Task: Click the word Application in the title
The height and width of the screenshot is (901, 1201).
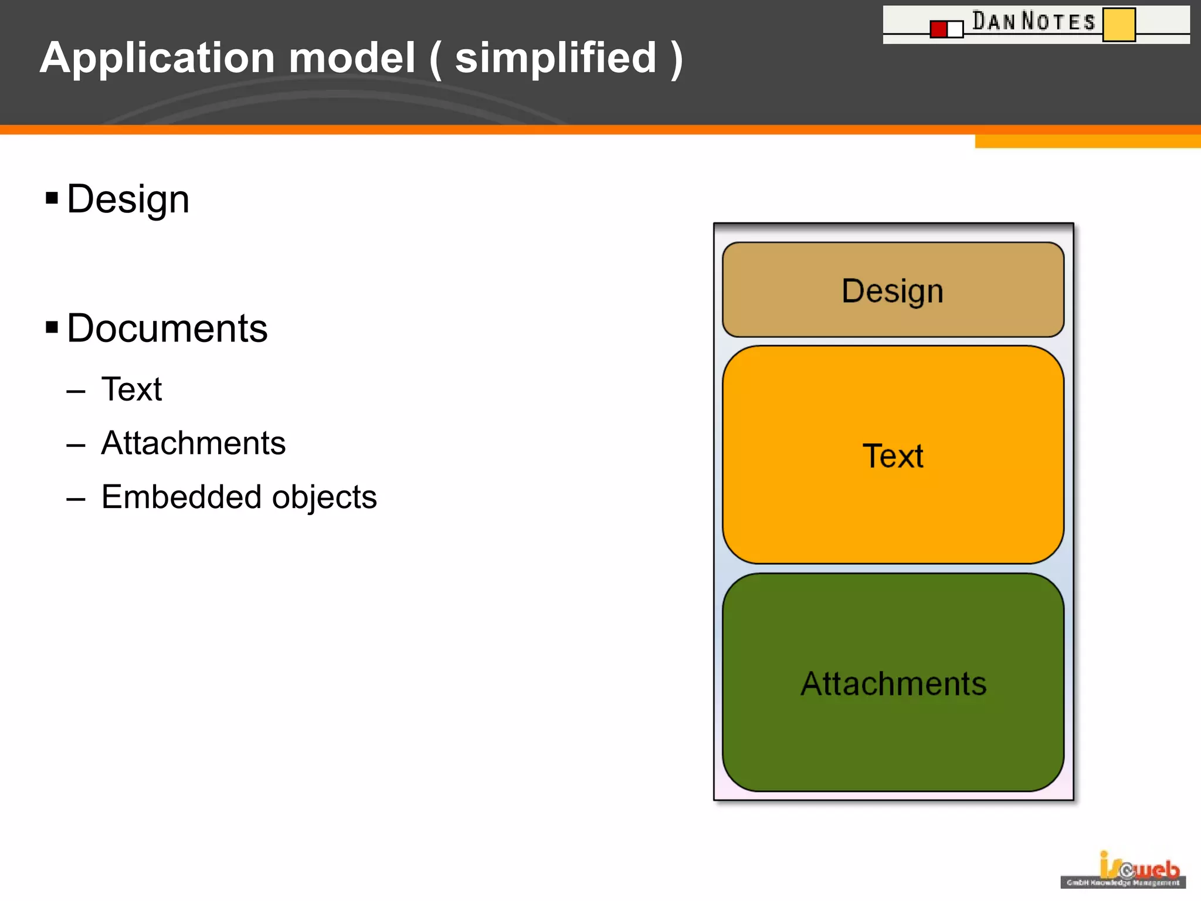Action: pos(157,59)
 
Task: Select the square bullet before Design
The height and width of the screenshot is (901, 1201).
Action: pos(52,198)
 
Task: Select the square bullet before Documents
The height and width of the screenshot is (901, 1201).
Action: pos(52,327)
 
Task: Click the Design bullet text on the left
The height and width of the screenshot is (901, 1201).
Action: pos(128,199)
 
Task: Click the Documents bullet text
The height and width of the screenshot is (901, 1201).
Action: pos(167,328)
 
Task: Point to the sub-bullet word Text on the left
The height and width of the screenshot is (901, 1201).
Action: pos(131,389)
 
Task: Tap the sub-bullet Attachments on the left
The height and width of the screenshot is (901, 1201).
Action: pos(193,443)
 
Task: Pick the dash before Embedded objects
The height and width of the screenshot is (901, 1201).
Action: pos(76,499)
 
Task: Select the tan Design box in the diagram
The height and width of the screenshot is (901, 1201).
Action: pos(893,290)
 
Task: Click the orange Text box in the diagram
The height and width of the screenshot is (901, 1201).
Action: pos(893,455)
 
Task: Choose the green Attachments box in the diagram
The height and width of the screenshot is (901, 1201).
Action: pos(893,683)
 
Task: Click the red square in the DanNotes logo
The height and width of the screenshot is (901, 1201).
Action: pos(938,29)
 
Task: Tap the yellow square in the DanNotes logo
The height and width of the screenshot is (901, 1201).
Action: pos(1118,25)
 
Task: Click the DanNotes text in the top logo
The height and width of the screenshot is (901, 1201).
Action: pos(1033,21)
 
